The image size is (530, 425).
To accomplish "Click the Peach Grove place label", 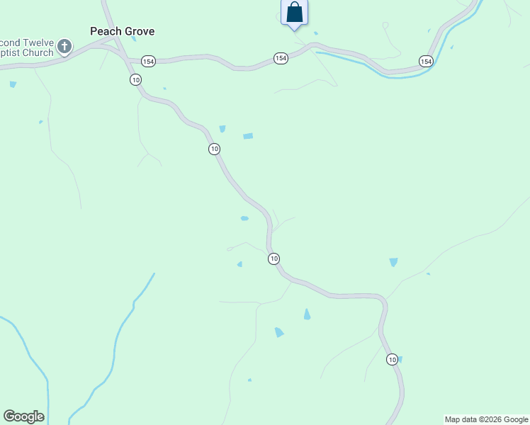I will click(x=122, y=31).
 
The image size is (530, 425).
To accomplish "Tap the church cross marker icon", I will click(x=64, y=47).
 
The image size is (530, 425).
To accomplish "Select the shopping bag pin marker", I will click(x=295, y=13).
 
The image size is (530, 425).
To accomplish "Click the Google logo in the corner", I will click(x=23, y=416).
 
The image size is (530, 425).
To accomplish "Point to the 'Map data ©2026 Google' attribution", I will click(x=486, y=419).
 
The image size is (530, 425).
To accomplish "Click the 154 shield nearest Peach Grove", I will click(x=148, y=62).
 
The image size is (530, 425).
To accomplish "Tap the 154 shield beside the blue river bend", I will click(x=425, y=62).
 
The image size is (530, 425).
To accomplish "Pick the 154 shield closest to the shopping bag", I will click(x=281, y=58).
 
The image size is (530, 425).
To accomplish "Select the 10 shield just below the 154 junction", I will click(x=135, y=79).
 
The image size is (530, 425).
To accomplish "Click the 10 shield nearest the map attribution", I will click(x=393, y=360).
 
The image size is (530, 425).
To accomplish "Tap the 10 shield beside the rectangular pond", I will click(x=214, y=149).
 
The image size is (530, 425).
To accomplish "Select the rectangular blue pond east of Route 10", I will click(x=248, y=136).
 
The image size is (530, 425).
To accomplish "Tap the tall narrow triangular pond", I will click(x=307, y=314).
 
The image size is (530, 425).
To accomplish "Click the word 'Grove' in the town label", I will click(x=138, y=31).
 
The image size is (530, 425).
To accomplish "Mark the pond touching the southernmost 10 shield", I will click(x=400, y=359).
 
